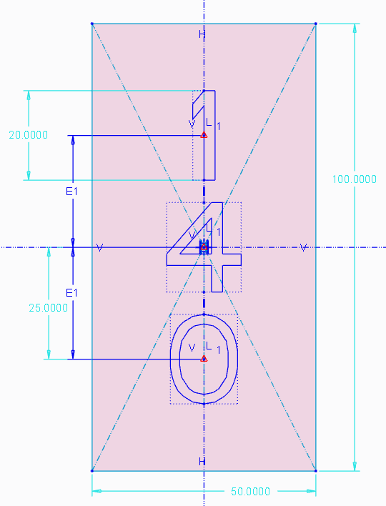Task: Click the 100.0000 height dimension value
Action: [355, 179]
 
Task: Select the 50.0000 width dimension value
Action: [249, 491]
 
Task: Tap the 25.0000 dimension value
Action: [49, 308]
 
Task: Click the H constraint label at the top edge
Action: [202, 34]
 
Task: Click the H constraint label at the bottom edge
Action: [202, 462]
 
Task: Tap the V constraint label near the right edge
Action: [304, 247]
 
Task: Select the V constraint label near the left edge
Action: [99, 247]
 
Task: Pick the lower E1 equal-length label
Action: [71, 293]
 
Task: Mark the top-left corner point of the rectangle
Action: [92, 24]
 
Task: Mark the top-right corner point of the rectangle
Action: [315, 24]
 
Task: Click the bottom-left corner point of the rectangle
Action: [92, 470]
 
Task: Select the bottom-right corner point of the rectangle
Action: [315, 470]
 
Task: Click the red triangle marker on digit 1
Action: [204, 134]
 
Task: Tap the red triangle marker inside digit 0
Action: [204, 358]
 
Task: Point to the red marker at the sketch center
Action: [204, 247]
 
